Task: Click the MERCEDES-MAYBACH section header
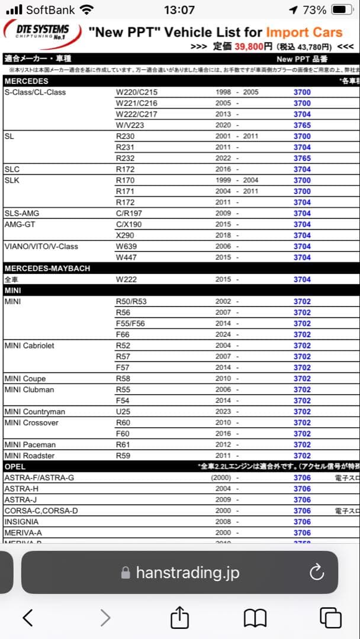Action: coord(47,269)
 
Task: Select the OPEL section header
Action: coord(15,467)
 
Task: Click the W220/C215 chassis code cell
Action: coord(137,92)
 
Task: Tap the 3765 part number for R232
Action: coord(302,159)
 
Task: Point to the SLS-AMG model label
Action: coord(22,213)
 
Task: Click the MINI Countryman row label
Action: coord(34,412)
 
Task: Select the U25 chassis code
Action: coord(124,412)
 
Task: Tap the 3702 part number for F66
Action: coord(302,335)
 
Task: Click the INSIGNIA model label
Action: coord(21,522)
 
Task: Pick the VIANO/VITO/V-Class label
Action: coord(41,247)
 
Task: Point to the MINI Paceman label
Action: coord(30,445)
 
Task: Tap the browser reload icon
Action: coord(317,572)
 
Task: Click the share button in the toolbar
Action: coord(179,618)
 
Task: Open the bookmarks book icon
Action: coord(255,618)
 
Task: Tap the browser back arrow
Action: coord(28,618)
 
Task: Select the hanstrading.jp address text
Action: coord(187,573)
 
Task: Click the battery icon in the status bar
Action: coord(342,10)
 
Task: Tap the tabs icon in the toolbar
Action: coord(330,618)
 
